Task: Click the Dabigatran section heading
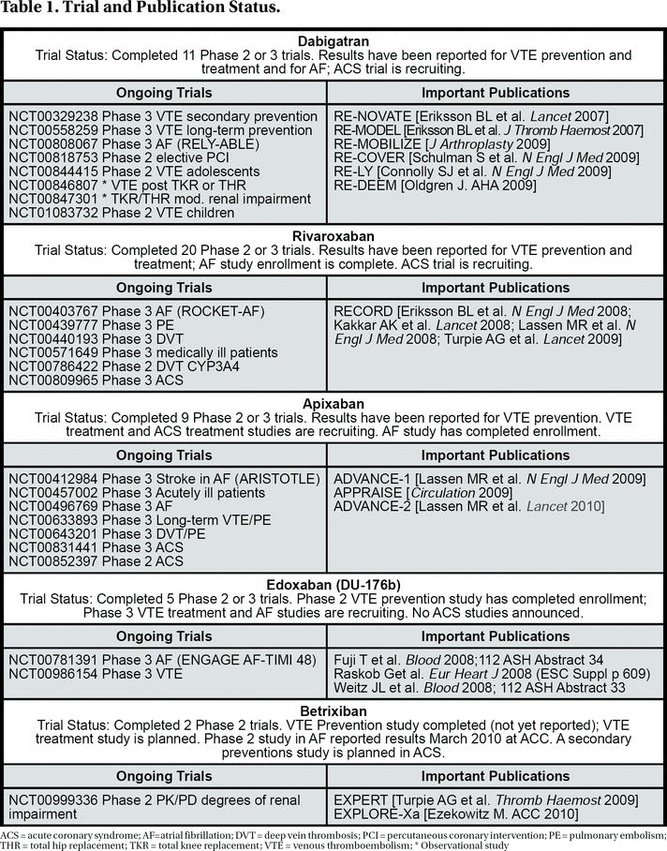click(x=333, y=40)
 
